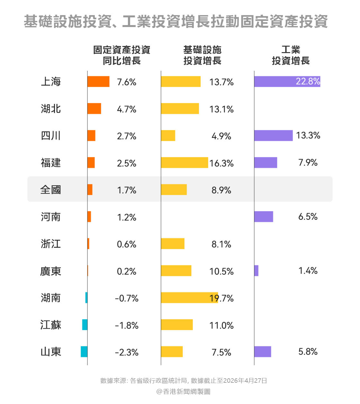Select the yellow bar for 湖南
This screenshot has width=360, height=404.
189,298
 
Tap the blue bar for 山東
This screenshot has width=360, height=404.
84,352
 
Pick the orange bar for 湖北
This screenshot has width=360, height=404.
94,109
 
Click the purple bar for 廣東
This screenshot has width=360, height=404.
256,271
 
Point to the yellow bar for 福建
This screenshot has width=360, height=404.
184,162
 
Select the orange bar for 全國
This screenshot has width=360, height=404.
90,189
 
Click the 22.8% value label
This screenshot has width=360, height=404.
308,81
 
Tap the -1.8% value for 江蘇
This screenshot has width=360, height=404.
127,325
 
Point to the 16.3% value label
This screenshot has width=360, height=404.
221,163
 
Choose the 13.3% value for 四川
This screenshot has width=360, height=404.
308,135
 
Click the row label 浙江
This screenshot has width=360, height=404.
51,244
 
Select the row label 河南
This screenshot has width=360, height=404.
51,217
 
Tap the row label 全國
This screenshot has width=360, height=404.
51,190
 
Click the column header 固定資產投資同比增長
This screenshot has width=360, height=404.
122,55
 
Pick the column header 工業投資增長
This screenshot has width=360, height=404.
291,55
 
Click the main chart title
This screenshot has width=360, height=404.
175,22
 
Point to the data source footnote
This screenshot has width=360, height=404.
184,381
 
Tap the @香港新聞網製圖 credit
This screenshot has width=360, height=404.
183,391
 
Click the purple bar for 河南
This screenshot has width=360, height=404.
264,216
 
